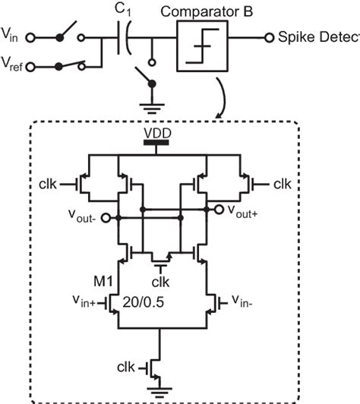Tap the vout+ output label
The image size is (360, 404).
click(x=245, y=215)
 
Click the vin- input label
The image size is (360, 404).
click(x=248, y=298)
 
